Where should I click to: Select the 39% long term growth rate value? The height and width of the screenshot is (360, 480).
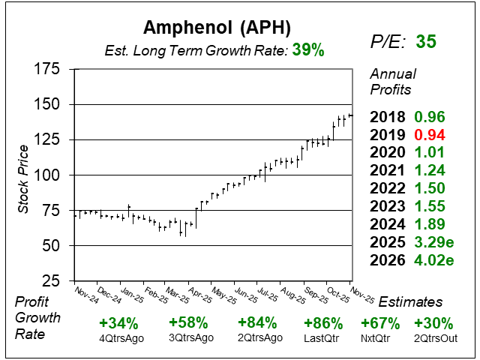point(309,50)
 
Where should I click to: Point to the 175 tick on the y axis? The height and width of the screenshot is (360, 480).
point(46,69)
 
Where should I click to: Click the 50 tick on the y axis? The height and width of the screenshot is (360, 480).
point(51,245)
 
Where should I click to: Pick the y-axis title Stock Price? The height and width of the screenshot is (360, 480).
point(23,175)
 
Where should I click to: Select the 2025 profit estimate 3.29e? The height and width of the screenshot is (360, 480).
point(435,243)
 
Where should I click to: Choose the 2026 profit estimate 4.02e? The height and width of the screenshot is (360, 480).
point(435,261)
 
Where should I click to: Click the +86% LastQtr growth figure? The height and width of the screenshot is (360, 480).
point(323,323)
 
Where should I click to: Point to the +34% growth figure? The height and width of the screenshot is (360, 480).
point(118,323)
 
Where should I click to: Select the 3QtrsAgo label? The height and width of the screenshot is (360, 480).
point(187,337)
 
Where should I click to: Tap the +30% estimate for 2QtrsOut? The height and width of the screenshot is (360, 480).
point(433,323)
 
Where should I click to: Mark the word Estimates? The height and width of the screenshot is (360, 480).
point(410,301)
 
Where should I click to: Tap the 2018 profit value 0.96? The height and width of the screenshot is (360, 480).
point(430,117)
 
